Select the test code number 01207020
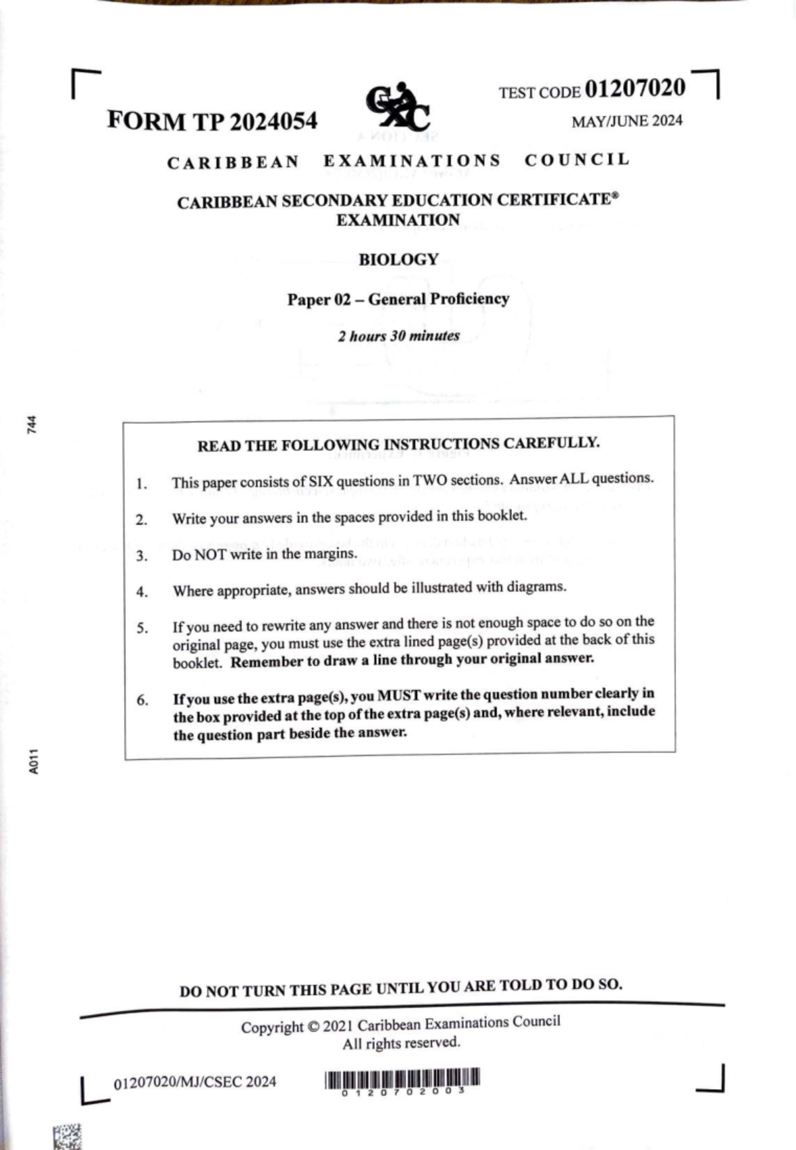(x=635, y=88)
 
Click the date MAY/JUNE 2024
(x=627, y=121)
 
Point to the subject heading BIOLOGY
(x=399, y=259)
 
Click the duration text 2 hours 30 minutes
(x=399, y=336)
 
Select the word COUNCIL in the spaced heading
(x=576, y=160)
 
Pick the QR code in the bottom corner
(x=67, y=1136)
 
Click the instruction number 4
(x=142, y=592)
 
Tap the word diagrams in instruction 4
(x=536, y=587)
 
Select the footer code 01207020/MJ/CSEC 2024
(x=195, y=1082)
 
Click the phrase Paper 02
(x=318, y=300)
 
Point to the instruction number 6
(x=143, y=700)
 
